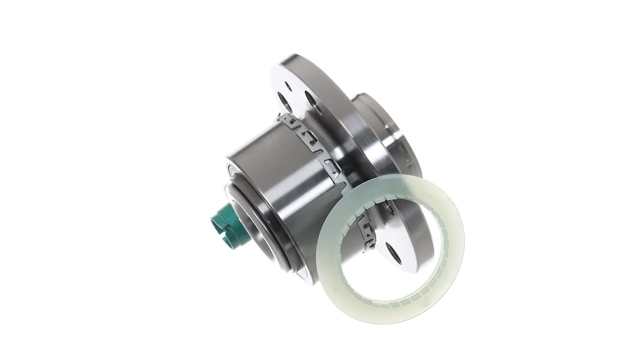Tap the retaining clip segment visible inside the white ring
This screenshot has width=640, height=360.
(367, 233)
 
